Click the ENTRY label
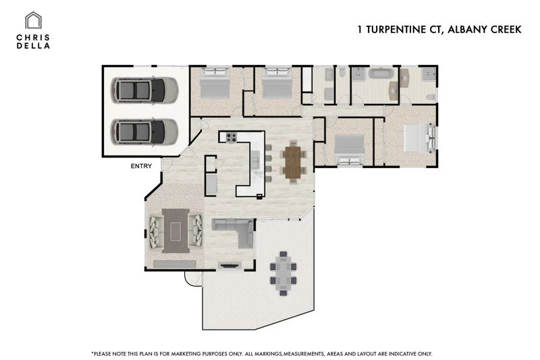point(141,166)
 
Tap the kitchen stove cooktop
point(230,138)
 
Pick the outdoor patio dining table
point(281,273)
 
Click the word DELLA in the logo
point(32,45)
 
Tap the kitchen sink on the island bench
point(255,161)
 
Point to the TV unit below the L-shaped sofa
point(230,265)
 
